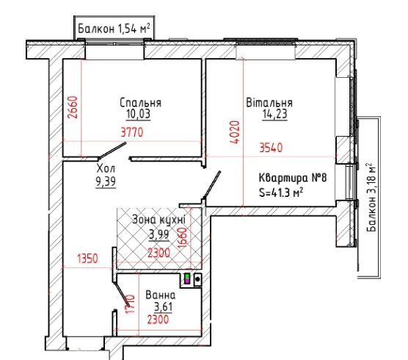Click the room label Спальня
click(140, 103)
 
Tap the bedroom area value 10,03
click(139, 114)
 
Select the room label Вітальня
click(269, 102)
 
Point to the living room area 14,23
click(275, 114)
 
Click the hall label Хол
click(106, 168)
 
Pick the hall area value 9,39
click(106, 181)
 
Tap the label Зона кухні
click(159, 220)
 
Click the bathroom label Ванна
click(161, 295)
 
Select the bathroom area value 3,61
click(163, 307)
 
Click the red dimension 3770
click(132, 132)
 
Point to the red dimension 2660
click(73, 107)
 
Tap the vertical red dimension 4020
click(234, 132)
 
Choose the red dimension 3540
click(271, 148)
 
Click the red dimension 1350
click(87, 259)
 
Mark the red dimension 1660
click(182, 237)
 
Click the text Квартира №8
click(293, 179)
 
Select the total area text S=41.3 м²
click(281, 192)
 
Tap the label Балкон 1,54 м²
click(114, 29)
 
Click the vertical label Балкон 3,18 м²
click(371, 197)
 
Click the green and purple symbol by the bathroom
click(187, 278)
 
